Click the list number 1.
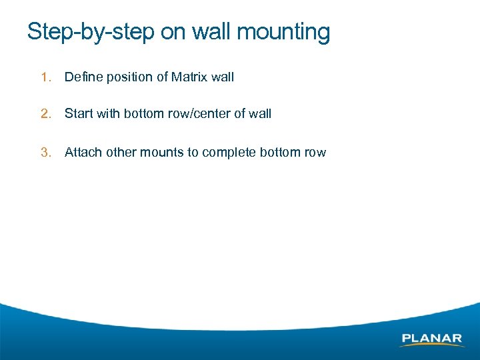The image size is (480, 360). click(x=45, y=77)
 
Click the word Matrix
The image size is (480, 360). click(x=189, y=77)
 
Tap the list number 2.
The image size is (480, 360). click(x=45, y=114)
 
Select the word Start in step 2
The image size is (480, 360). click(x=79, y=114)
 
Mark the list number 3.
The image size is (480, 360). click(x=45, y=153)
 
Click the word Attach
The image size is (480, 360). click(x=83, y=153)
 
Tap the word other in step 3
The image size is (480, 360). click(x=120, y=153)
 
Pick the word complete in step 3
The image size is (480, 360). click(x=229, y=153)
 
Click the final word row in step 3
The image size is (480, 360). click(x=315, y=153)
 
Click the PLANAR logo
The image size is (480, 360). click(x=432, y=339)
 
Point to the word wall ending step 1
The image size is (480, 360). click(x=223, y=77)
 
